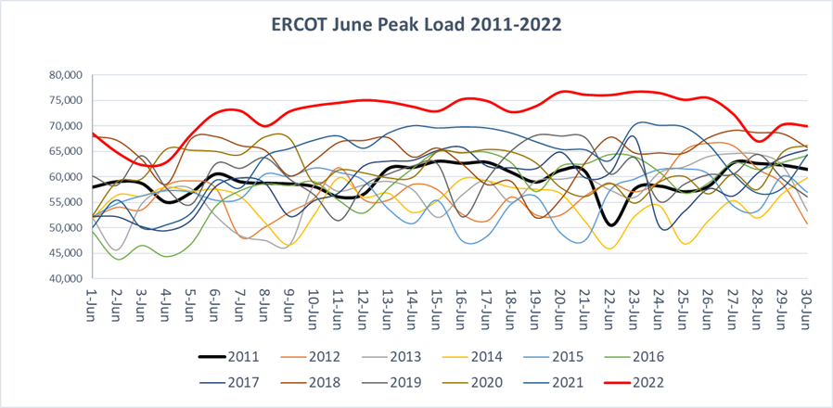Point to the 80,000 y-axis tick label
[64, 75]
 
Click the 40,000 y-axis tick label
[64, 278]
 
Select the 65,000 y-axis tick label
[64, 151]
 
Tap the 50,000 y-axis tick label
[64, 227]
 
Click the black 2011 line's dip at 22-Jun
[609, 224]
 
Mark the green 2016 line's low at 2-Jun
[118, 259]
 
